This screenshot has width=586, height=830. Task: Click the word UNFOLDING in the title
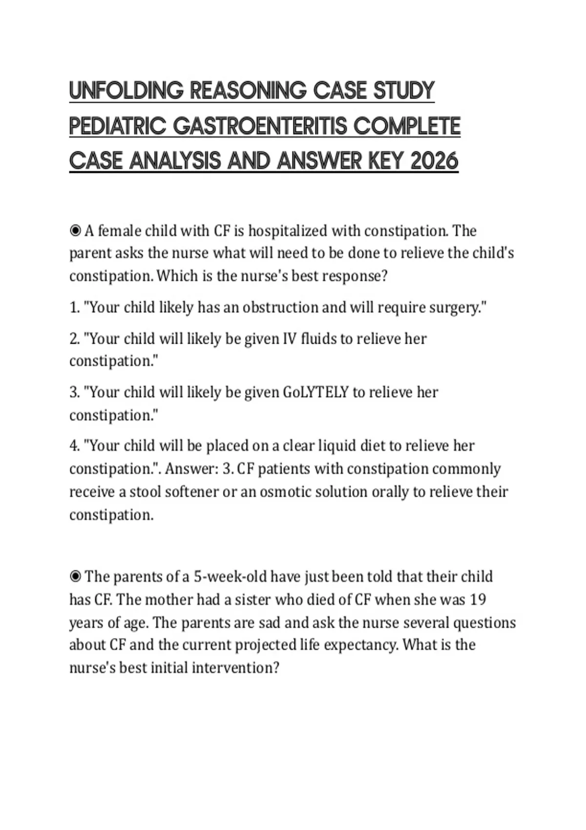[x=126, y=91]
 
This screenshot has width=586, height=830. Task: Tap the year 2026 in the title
[x=435, y=161]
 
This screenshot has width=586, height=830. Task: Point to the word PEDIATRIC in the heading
[x=118, y=126]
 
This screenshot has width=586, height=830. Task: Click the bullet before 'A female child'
[x=75, y=231]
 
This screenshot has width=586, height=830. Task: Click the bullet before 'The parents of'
[x=75, y=577]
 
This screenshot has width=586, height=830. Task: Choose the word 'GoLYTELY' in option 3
[x=316, y=392]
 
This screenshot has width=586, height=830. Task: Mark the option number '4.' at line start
[x=75, y=446]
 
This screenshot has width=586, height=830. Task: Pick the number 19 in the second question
[x=478, y=600]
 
